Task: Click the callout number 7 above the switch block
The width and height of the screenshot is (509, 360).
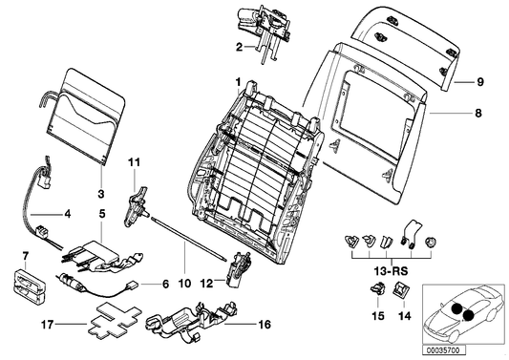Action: pyautogui.click(x=26, y=256)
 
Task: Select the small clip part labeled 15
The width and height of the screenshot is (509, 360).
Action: pyautogui.click(x=375, y=293)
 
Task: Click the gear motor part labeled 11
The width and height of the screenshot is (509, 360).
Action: pyautogui.click(x=138, y=202)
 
